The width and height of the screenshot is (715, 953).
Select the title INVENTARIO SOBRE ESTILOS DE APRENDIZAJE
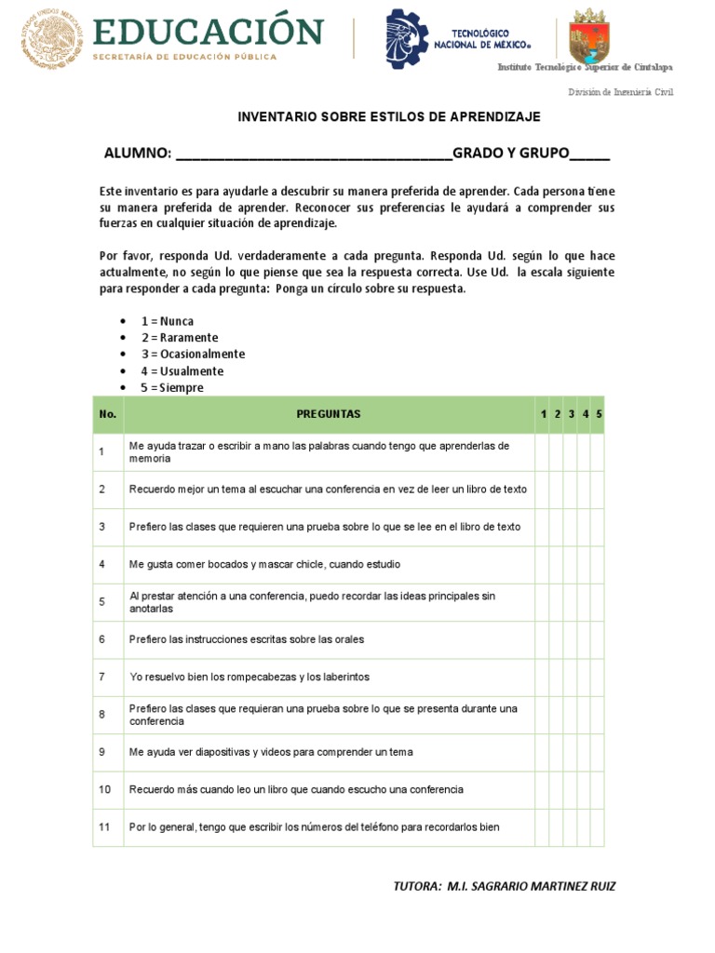pyautogui.click(x=388, y=117)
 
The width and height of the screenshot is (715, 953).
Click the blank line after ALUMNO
pyautogui.click(x=313, y=154)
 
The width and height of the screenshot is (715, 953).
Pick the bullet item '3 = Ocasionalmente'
pyautogui.click(x=193, y=355)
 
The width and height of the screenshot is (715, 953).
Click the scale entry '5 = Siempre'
pyautogui.click(x=172, y=388)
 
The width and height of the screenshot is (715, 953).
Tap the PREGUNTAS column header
pyautogui.click(x=329, y=414)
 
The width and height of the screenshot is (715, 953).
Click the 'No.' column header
pyautogui.click(x=107, y=414)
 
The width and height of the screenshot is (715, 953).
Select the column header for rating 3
pyautogui.click(x=571, y=414)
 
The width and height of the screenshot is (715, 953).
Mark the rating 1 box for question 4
pyautogui.click(x=542, y=564)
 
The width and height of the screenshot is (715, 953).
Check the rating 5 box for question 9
pyautogui.click(x=598, y=752)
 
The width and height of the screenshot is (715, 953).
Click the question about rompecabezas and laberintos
pyautogui.click(x=249, y=677)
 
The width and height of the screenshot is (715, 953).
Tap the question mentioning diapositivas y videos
pyautogui.click(x=271, y=752)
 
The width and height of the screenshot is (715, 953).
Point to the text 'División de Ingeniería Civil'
pyautogui.click(x=620, y=92)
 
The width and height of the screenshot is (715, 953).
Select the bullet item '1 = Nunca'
pyautogui.click(x=168, y=321)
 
